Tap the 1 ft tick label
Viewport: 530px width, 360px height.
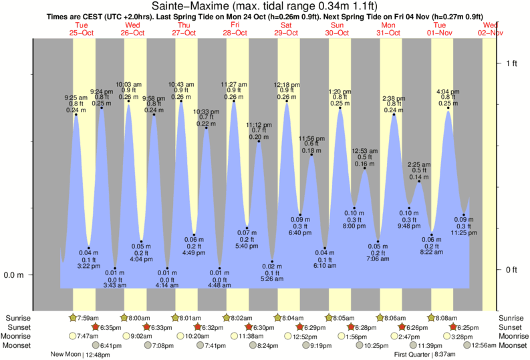[x=513, y=63]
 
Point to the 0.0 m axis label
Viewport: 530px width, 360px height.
[x=15, y=275]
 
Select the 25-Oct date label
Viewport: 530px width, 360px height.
[x=82, y=32]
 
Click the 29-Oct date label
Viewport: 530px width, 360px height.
[x=286, y=32]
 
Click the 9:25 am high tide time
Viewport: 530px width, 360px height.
[x=76, y=98]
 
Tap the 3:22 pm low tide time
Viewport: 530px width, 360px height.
[x=89, y=266]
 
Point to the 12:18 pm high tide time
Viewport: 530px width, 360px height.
[x=287, y=85]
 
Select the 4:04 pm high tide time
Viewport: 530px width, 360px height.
[x=447, y=91]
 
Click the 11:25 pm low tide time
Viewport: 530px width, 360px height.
[x=463, y=232]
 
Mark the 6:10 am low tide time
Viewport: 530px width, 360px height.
[x=325, y=266]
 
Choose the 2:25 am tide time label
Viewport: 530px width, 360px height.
[x=419, y=164]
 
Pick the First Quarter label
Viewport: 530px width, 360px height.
[x=414, y=355]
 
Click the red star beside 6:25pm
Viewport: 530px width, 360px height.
[x=454, y=327]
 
